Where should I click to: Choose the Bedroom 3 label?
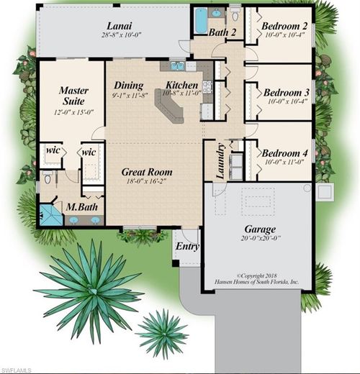(286, 92)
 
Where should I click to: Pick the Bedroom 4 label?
(286, 153)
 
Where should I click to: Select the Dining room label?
(128, 85)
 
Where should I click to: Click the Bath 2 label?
(222, 33)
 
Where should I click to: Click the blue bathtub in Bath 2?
(199, 21)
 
